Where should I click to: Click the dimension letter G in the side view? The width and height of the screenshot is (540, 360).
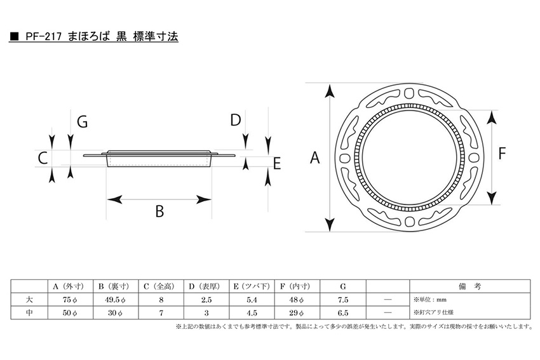tap(83, 122)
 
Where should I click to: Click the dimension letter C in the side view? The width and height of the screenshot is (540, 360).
tap(43, 158)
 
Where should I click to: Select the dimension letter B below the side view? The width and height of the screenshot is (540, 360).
tap(159, 211)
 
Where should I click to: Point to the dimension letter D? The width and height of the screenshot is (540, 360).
tap(236, 120)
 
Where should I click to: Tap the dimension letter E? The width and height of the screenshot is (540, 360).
tap(277, 164)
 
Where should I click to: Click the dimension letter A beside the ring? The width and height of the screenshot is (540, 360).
tap(314, 157)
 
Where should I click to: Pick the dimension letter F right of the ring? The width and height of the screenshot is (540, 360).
tap(502, 153)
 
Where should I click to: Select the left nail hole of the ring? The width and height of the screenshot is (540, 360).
tap(345, 158)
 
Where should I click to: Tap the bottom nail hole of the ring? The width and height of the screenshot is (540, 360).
tap(409, 222)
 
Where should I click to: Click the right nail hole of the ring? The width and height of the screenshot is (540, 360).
tap(474, 157)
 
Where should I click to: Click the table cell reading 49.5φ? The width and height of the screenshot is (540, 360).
tap(115, 300)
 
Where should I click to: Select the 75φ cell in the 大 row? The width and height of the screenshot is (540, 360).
tap(70, 300)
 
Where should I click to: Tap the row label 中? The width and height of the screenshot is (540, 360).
tap(29, 313)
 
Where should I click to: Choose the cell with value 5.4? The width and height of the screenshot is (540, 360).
tap(252, 300)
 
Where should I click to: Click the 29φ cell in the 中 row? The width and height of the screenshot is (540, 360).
tap(297, 313)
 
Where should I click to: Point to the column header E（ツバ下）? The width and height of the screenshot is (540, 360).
tap(252, 286)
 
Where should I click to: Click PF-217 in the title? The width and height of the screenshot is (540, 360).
tap(43, 36)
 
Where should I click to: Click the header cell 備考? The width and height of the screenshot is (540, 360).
tap(469, 286)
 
